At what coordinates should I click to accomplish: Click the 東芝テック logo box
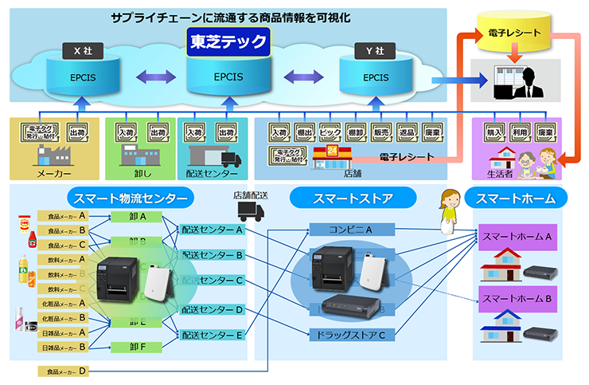[228, 41]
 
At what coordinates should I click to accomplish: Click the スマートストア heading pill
[352, 198]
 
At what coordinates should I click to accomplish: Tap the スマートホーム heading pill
[517, 198]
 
